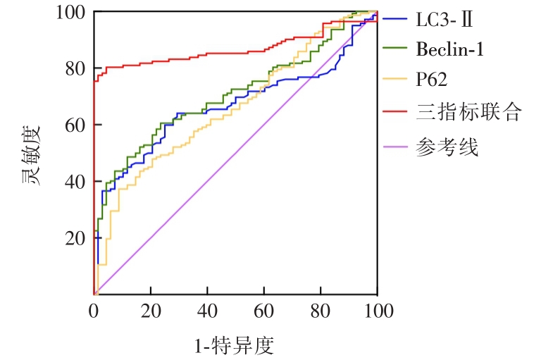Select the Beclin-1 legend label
click(x=449, y=49)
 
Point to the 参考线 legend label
click(x=447, y=148)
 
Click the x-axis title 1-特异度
click(x=234, y=345)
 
